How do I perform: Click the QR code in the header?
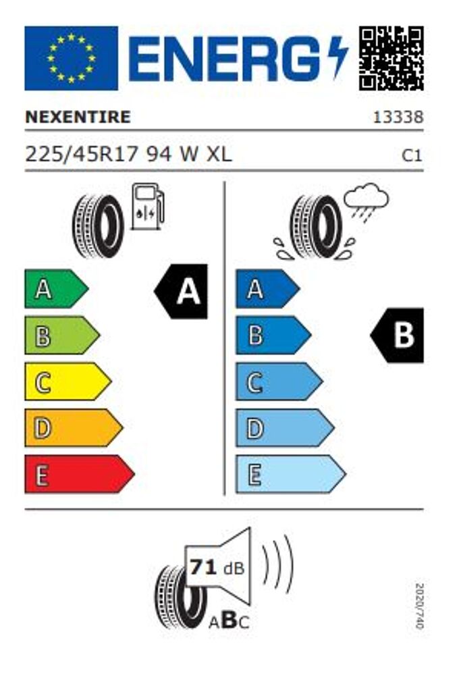point(391,58)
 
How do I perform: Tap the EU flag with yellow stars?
point(71,58)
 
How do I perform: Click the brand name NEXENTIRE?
point(78,117)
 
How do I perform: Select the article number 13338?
point(398,117)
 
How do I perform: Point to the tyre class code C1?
point(412,155)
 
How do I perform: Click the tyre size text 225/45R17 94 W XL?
point(128,155)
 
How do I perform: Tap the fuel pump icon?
point(147,206)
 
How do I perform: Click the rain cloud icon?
point(366,203)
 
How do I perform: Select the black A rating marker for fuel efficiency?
point(181,292)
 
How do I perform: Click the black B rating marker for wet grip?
point(397,336)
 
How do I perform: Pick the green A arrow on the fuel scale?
point(57,289)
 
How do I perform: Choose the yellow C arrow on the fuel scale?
point(68,381)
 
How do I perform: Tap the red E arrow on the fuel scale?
point(80,474)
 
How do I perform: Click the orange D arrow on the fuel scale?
point(74,428)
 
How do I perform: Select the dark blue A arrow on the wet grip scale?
point(268,289)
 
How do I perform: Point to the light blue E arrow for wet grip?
point(291,474)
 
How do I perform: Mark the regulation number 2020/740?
point(419,606)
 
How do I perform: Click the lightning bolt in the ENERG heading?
point(338,57)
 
